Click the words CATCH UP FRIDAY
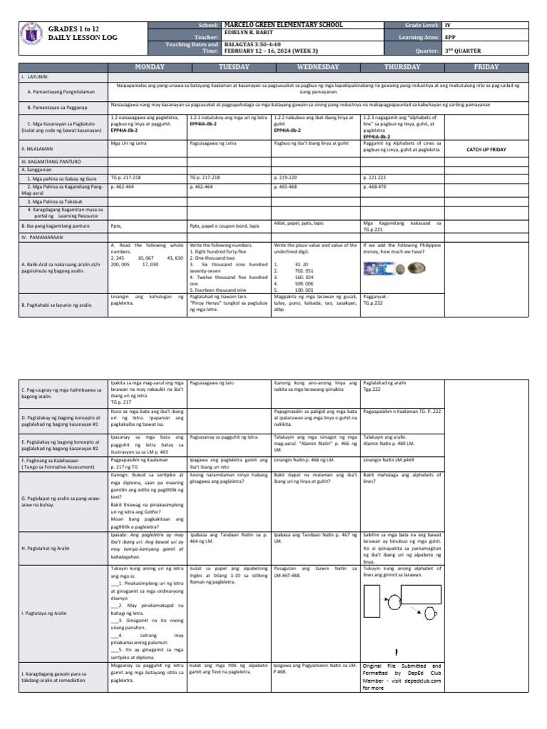pyautogui.click(x=486, y=150)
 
